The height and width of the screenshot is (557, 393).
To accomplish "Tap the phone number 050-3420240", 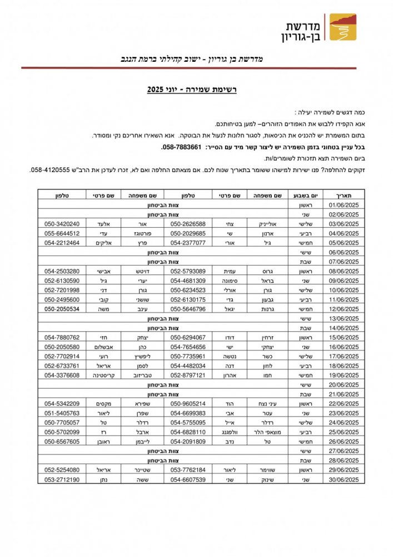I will click(x=62, y=223).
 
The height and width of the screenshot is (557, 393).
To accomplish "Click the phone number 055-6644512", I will click(x=62, y=233).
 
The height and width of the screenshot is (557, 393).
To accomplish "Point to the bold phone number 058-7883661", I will click(x=181, y=147).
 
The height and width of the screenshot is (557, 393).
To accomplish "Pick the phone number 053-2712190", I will click(x=62, y=479).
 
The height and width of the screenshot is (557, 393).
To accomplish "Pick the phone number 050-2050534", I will click(x=62, y=309).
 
